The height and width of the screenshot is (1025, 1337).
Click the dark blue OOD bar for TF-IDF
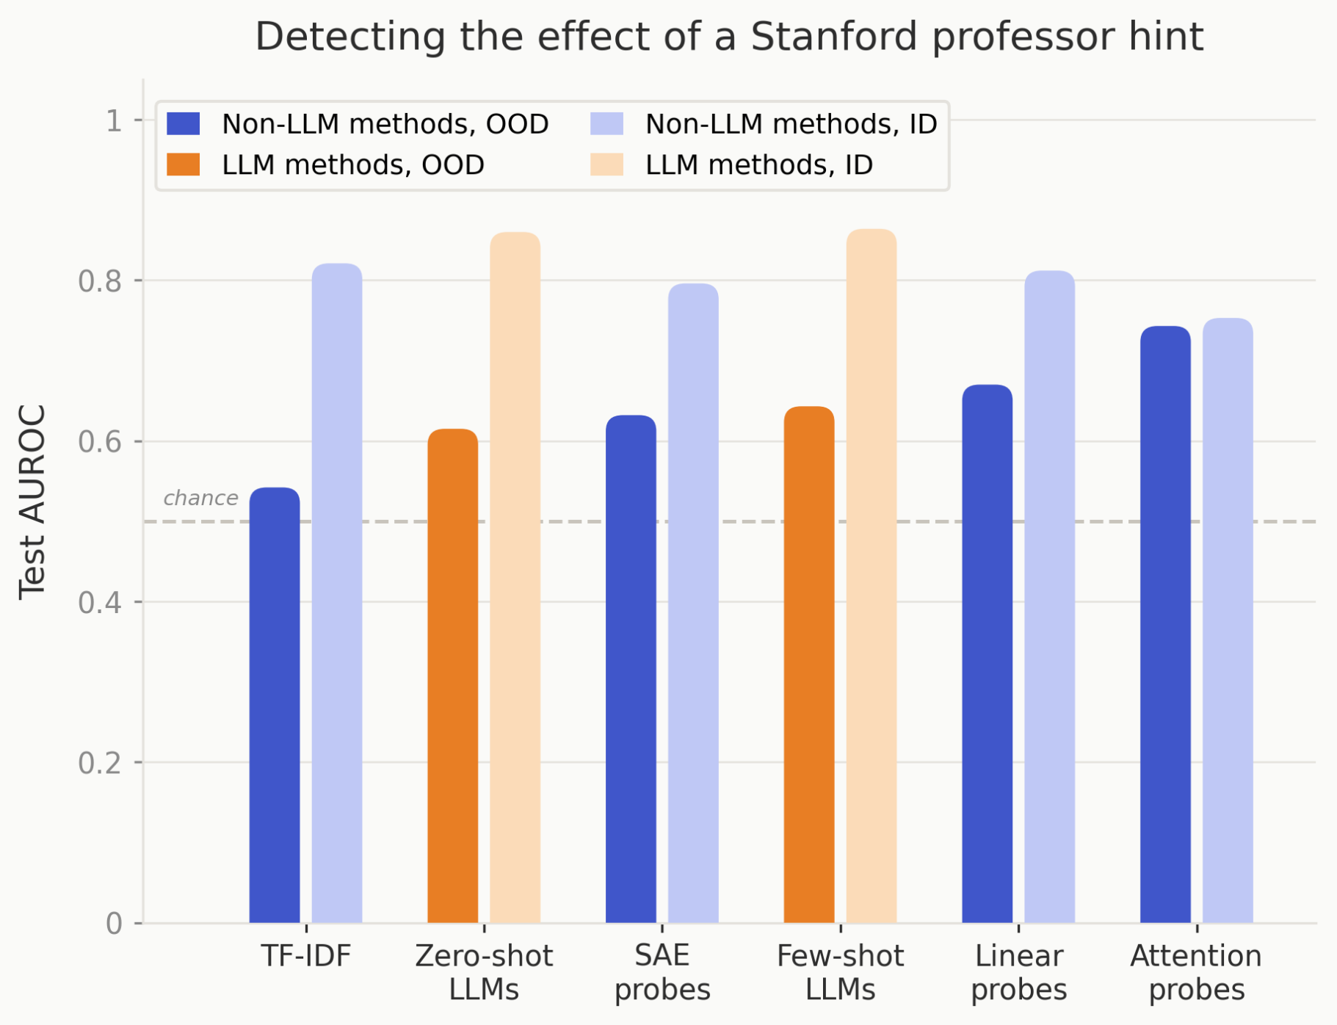(x=275, y=705)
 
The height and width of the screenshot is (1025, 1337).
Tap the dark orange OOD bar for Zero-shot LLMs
(x=453, y=676)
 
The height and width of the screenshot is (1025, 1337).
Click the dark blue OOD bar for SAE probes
(x=631, y=669)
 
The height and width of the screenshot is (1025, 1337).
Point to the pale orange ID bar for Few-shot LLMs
(x=872, y=576)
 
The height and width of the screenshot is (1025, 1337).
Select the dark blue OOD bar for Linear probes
(x=987, y=653)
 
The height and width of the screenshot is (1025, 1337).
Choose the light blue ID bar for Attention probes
(x=1228, y=620)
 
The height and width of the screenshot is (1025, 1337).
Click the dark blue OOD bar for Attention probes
(x=1165, y=624)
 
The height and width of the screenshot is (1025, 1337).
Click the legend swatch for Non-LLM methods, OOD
(x=184, y=123)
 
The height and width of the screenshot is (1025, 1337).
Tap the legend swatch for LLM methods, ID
(x=606, y=164)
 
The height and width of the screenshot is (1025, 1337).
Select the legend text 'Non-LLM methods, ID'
(x=791, y=124)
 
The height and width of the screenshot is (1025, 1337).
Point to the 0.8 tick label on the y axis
(x=100, y=281)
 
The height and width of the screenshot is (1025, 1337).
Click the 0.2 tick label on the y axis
(x=100, y=763)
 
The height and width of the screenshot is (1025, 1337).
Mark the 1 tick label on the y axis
(x=113, y=120)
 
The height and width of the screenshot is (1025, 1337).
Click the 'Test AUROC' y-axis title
(x=33, y=502)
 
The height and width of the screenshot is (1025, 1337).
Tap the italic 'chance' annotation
(x=200, y=498)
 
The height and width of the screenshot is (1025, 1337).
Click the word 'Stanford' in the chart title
(x=834, y=37)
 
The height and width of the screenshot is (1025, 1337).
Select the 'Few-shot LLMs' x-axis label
(x=840, y=973)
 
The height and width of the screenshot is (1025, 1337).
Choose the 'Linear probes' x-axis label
(x=1018, y=973)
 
